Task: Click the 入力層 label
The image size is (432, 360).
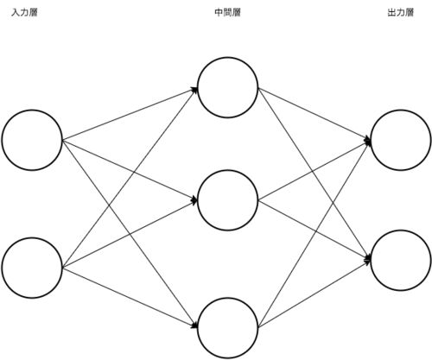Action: tap(24, 13)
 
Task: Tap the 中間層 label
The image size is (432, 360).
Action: tap(227, 13)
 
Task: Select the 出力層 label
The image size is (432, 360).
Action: tap(401, 13)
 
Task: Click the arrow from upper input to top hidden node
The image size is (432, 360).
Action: tap(130, 114)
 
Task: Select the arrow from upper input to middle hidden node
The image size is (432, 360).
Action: tap(130, 170)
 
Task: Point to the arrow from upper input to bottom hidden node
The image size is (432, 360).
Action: tap(130, 234)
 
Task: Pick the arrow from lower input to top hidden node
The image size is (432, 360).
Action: tap(130, 178)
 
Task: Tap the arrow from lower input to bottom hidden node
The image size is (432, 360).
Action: tap(130, 298)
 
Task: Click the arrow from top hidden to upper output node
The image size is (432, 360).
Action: tap(314, 114)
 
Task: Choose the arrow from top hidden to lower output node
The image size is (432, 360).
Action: tap(314, 174)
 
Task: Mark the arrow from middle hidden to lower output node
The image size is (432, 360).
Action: tap(314, 231)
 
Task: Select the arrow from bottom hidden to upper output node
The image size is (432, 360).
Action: tap(314, 234)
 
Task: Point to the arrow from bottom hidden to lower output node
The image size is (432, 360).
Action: tap(314, 294)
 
